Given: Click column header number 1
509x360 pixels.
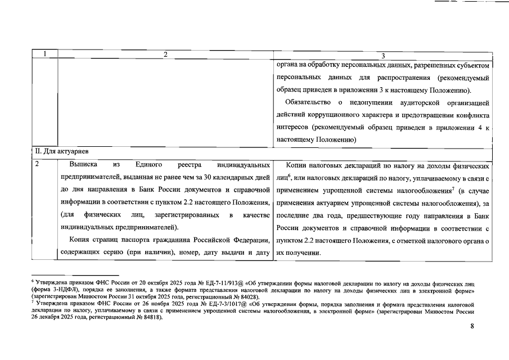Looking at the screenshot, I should [45, 55].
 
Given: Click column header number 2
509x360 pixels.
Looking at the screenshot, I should [165, 55].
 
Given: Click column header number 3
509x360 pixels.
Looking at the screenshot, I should [382, 55].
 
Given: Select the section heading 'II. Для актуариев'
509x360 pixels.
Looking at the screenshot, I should [58, 151].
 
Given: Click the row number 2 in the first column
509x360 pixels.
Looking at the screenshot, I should [37, 165].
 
